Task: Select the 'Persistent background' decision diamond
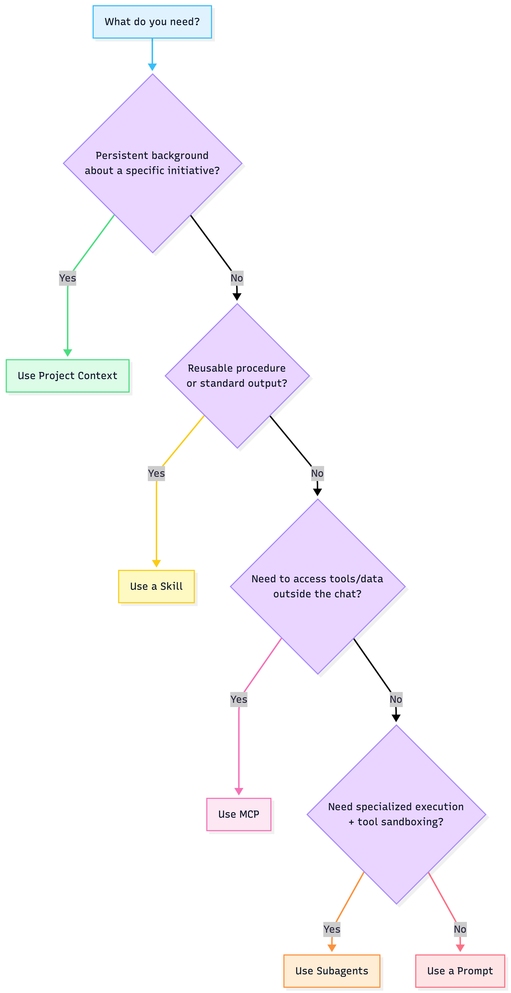click(152, 163)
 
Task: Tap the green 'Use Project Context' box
click(68, 376)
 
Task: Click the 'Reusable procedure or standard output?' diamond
click(237, 376)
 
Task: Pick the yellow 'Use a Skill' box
click(156, 586)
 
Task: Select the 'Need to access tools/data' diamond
click(317, 586)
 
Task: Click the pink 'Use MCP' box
click(239, 814)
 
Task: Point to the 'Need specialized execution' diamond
click(396, 814)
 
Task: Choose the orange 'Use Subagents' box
click(332, 971)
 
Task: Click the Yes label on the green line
click(68, 278)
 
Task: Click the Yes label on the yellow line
click(156, 473)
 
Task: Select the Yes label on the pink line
click(239, 699)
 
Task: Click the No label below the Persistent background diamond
click(237, 278)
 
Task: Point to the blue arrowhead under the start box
click(152, 67)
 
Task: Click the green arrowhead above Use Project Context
click(68, 353)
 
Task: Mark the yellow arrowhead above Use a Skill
click(156, 563)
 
